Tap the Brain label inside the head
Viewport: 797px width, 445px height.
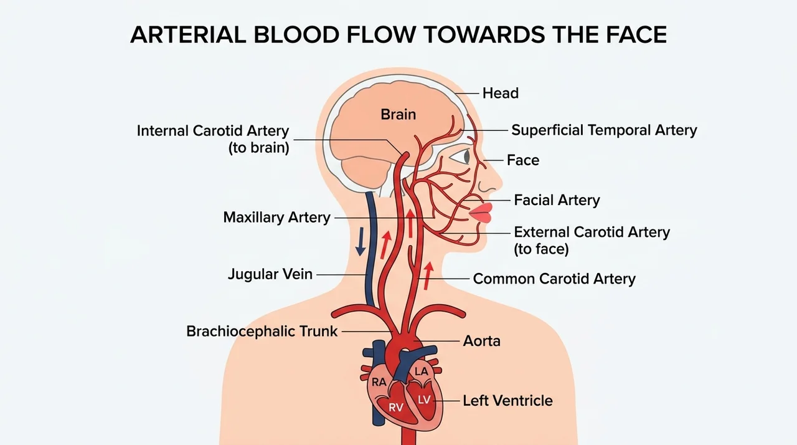(398, 115)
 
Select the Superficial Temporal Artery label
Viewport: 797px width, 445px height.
(604, 130)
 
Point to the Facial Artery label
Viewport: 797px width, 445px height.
(557, 200)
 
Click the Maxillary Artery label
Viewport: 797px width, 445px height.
(277, 217)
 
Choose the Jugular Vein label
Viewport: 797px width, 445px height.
(270, 274)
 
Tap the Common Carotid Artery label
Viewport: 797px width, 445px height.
(554, 279)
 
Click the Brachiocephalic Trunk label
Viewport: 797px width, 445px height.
(262, 332)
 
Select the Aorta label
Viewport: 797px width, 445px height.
(481, 341)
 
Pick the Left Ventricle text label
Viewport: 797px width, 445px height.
(507, 401)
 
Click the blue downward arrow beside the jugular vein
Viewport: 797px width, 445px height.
(361, 241)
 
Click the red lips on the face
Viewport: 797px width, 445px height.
(481, 213)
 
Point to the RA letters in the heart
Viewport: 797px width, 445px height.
(379, 382)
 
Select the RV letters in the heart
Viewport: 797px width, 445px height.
(395, 408)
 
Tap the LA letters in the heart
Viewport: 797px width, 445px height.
(421, 371)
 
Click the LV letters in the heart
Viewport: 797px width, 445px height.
(424, 400)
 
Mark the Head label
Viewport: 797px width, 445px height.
(500, 93)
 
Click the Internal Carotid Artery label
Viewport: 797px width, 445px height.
(213, 139)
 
